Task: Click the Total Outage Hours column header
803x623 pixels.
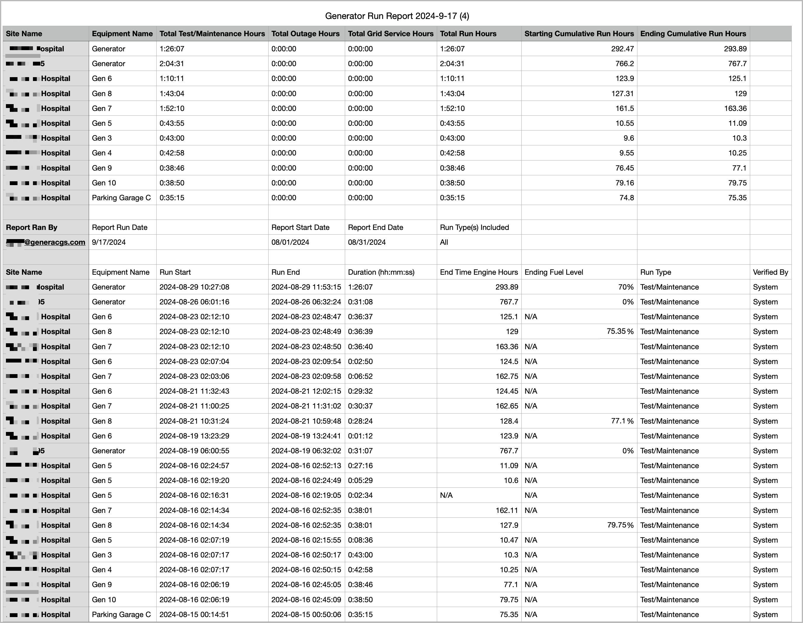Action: pos(305,34)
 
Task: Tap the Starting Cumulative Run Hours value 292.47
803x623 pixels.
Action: pos(623,49)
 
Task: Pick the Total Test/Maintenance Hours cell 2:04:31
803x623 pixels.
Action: pos(172,63)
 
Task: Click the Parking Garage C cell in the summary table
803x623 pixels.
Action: pos(121,198)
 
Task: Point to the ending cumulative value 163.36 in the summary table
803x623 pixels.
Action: pos(735,108)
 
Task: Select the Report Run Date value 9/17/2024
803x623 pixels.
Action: pos(109,242)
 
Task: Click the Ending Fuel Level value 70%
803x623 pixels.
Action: pos(626,287)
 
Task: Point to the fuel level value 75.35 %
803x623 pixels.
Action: pos(620,332)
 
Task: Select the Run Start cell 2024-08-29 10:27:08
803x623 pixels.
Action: pos(194,287)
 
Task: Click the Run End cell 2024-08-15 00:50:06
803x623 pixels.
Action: pos(306,615)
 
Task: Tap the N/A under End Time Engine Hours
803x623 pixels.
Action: pos(446,495)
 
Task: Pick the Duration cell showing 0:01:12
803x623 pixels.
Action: pos(360,436)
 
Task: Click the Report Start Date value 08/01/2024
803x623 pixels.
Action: pos(290,242)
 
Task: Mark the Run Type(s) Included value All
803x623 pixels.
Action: pos(444,242)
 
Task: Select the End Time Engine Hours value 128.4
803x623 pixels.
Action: pos(509,421)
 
